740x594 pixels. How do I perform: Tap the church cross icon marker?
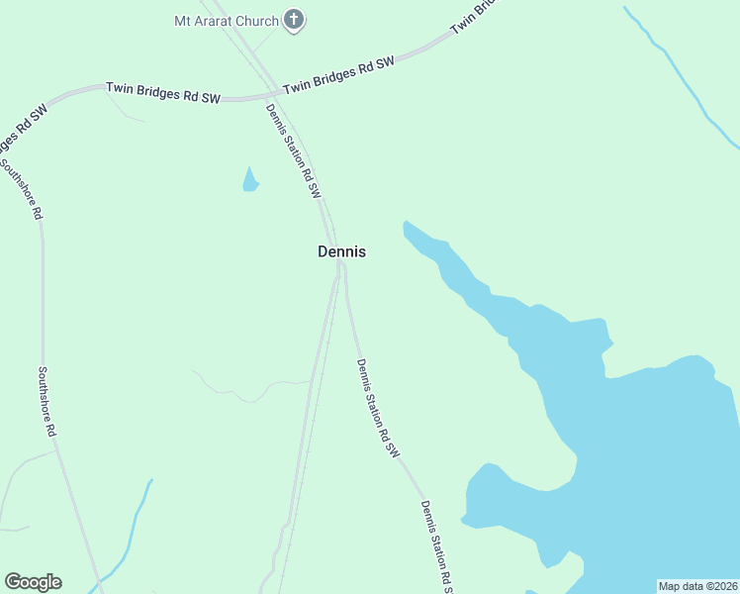tap(293, 19)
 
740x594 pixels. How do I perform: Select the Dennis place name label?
tap(341, 251)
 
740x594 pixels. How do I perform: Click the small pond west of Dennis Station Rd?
tap(249, 180)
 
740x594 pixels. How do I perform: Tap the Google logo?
tap(33, 582)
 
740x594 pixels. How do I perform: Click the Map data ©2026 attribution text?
tap(697, 586)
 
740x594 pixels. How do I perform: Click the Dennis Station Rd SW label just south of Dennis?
tap(377, 407)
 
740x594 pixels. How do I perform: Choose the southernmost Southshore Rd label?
tap(46, 403)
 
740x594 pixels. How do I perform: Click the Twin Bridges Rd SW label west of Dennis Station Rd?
tap(164, 92)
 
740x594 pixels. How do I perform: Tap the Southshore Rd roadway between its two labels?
tap(43, 297)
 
